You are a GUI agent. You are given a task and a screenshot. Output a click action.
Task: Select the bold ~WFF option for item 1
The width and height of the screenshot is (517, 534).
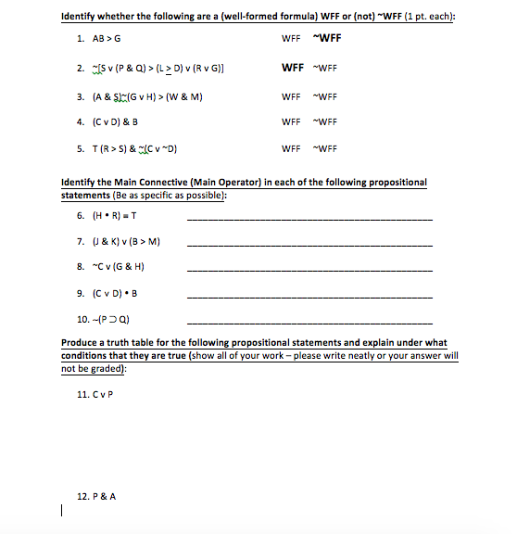pos(325,39)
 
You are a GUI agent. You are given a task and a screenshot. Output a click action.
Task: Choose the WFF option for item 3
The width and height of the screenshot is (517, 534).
pos(290,95)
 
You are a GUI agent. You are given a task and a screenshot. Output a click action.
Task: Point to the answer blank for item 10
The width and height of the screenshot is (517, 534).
pos(309,321)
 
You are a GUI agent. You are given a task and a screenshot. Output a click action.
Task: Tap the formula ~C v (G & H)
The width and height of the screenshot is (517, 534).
pos(118,269)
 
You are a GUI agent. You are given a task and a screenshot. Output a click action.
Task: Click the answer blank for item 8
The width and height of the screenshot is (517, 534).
pos(309,270)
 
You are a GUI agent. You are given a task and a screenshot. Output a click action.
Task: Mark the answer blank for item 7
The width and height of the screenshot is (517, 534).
pos(309,244)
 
